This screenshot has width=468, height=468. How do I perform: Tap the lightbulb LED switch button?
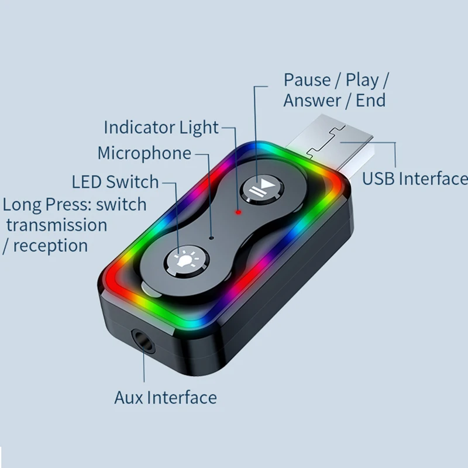(x=186, y=261)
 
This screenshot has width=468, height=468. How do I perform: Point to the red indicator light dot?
(x=238, y=212)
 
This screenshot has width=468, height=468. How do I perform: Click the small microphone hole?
(x=212, y=238)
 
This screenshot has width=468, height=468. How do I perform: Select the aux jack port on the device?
(x=144, y=340)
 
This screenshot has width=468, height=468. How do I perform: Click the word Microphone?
(x=144, y=153)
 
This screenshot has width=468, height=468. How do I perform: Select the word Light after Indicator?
(x=199, y=128)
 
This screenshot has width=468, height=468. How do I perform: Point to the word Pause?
(x=307, y=80)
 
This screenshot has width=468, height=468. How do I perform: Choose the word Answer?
(x=312, y=100)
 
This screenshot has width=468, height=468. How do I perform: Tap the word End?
(x=371, y=100)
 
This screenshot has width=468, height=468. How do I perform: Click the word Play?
(x=362, y=81)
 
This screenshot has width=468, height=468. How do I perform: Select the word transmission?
(x=57, y=225)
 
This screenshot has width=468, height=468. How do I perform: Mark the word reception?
(x=50, y=246)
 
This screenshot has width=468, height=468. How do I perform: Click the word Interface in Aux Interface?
(x=182, y=398)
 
